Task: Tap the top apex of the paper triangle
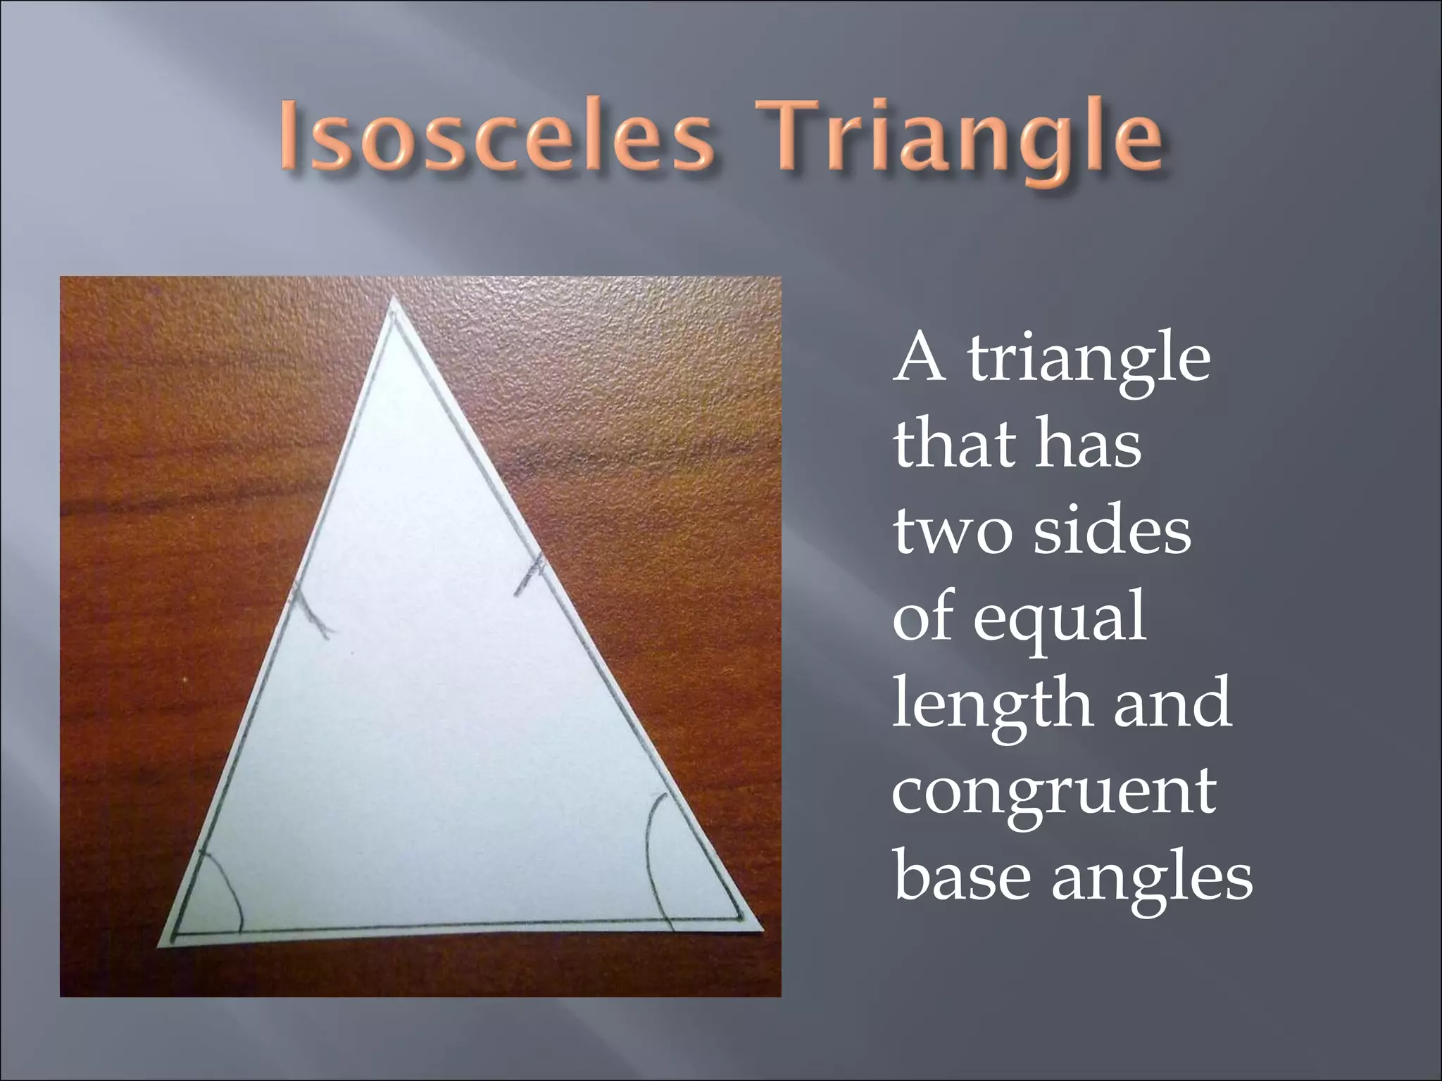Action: tap(393, 301)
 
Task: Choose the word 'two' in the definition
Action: tap(951, 532)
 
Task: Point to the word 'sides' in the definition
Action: tap(1112, 532)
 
